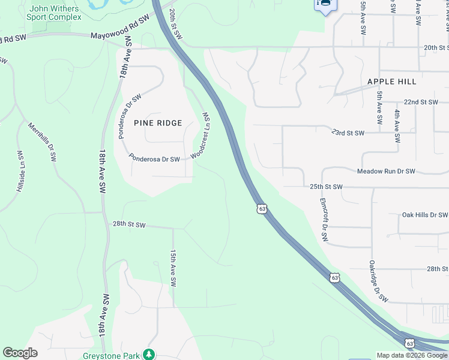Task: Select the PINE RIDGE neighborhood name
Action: (x=158, y=123)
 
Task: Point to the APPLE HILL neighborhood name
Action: (x=392, y=82)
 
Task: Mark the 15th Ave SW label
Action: (x=173, y=268)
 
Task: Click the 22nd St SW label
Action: (x=421, y=103)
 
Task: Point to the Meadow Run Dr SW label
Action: (x=386, y=172)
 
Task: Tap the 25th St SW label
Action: (x=326, y=187)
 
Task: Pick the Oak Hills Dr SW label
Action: (x=424, y=215)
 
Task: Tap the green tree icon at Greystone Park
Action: (x=149, y=355)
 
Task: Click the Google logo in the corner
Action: (x=20, y=353)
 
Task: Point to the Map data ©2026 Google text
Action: (x=412, y=355)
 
